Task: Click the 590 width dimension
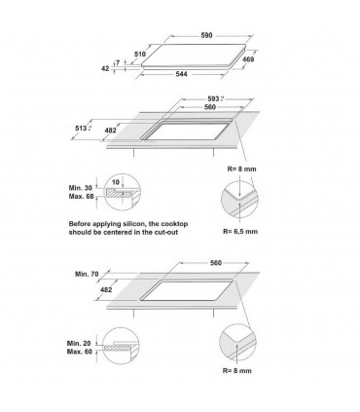coord(206,35)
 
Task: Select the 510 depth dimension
coord(140,54)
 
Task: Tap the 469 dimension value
coord(248,59)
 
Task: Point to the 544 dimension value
coord(181,74)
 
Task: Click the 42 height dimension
coord(105,68)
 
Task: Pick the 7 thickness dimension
coord(118,62)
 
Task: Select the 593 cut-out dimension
coord(214,98)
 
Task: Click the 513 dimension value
coord(81,129)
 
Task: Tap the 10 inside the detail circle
coord(116,182)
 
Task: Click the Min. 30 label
coord(81,188)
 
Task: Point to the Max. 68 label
coord(81,197)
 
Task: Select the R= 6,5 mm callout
coord(240,231)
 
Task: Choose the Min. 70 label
coord(87,274)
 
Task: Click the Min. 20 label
coord(79,343)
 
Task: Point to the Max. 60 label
coord(80,352)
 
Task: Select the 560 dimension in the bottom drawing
coord(215,262)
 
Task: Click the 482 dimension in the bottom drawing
coord(106,289)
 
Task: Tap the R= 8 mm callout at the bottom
coord(236,370)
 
